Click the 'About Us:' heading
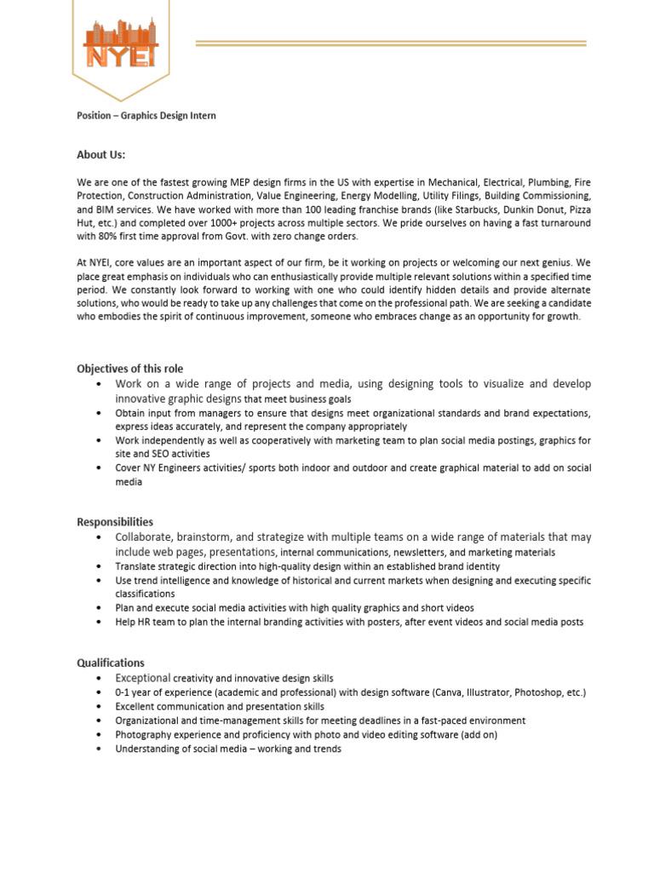coord(100,154)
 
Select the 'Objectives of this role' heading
coord(129,369)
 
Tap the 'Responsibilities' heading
coord(115,522)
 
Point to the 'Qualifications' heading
coord(111,663)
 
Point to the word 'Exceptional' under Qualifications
coord(142,678)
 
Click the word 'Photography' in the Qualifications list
coord(144,734)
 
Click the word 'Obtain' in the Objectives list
coord(131,413)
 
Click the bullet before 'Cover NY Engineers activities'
coord(100,468)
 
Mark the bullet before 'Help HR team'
coord(100,622)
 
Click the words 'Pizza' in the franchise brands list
coord(577,209)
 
